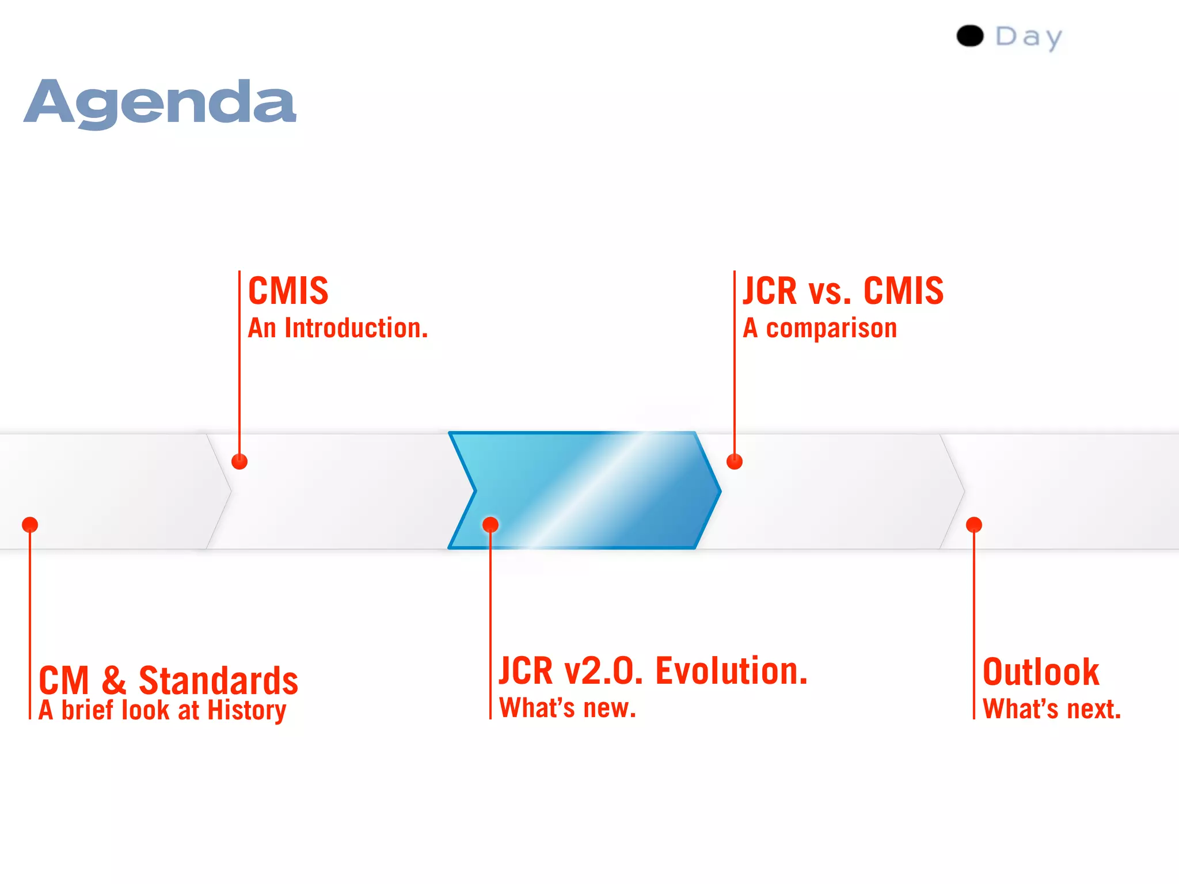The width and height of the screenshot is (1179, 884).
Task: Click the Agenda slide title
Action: (160, 104)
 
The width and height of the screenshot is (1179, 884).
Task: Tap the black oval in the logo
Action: (970, 36)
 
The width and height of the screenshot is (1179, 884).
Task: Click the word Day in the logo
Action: (1029, 37)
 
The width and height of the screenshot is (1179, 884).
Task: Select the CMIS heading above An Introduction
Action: (288, 291)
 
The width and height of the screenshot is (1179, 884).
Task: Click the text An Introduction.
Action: (338, 329)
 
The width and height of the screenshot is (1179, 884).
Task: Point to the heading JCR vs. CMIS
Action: (843, 291)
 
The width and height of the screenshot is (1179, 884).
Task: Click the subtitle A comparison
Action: (820, 329)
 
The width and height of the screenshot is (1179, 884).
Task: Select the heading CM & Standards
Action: (168, 680)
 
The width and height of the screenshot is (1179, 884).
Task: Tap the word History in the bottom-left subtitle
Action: (246, 710)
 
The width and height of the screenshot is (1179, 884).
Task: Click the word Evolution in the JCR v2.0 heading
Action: (732, 671)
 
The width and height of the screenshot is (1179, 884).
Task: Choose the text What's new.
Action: (568, 708)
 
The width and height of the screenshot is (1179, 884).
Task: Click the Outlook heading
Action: (1041, 672)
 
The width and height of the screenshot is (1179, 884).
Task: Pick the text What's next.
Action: (1052, 709)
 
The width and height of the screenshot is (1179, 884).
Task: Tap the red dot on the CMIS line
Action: (239, 462)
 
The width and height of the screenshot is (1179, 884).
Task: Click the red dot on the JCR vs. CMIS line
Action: (735, 462)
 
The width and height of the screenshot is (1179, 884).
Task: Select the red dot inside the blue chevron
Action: (490, 525)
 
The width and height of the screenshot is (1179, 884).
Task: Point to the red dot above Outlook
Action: (974, 525)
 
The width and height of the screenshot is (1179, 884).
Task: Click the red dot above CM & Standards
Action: (30, 525)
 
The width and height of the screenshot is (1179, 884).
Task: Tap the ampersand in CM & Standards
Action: (114, 680)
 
